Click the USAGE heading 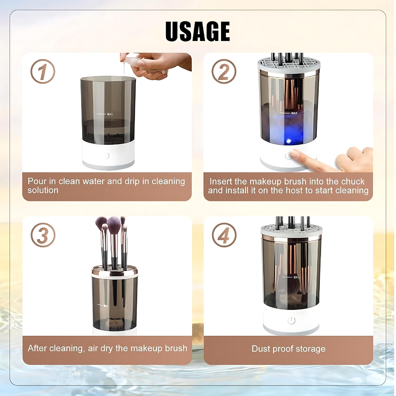tap(198, 32)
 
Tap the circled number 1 tap(43, 71)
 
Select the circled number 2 tap(224, 71)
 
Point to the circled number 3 tap(43, 235)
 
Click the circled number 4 tap(224, 235)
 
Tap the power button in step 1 tap(106, 155)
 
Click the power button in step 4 tap(291, 320)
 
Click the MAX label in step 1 tap(110, 114)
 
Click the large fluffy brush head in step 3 tap(114, 224)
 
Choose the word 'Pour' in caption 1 tap(36, 181)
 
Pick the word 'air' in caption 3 tap(93, 348)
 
